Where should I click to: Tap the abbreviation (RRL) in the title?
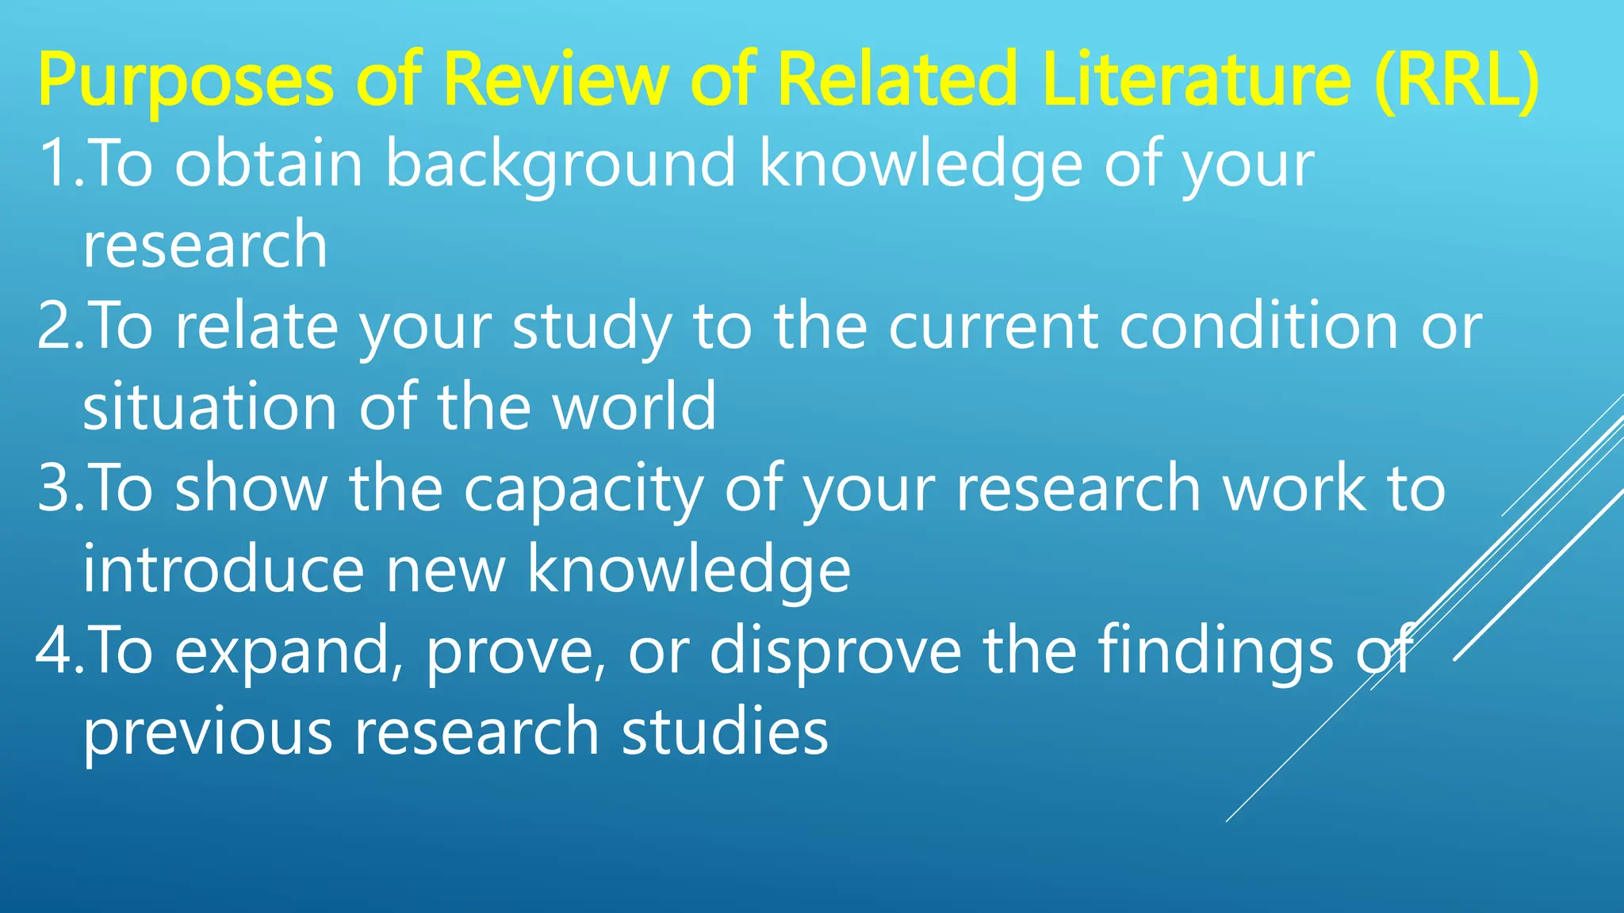pyautogui.click(x=1457, y=79)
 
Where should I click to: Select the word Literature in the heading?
pyautogui.click(x=1197, y=79)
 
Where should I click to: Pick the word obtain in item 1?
pyautogui.click(x=269, y=163)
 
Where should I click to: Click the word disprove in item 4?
pyautogui.click(x=836, y=651)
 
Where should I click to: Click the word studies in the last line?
pyautogui.click(x=725, y=732)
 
